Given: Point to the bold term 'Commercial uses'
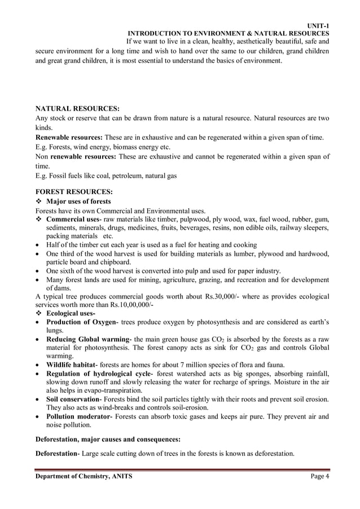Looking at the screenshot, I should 72,219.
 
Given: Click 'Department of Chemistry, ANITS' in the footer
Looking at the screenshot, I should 84,476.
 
